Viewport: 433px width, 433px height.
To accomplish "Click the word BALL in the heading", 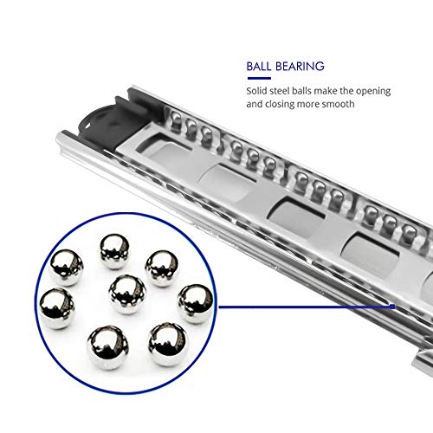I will [260, 65].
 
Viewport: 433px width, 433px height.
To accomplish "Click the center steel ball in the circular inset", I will [128, 294].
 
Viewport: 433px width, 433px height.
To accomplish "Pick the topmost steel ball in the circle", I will [114, 251].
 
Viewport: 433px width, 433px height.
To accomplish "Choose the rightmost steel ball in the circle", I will [195, 303].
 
